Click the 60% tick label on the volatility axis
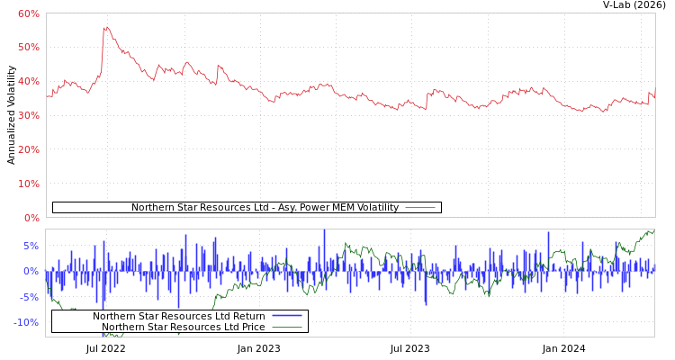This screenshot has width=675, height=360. (x=28, y=13)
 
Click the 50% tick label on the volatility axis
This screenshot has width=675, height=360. (x=28, y=47)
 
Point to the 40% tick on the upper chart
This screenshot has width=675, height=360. (x=28, y=81)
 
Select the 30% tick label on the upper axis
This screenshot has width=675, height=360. (x=28, y=115)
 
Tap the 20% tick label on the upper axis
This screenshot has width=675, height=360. (x=28, y=149)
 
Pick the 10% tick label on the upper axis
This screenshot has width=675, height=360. (x=28, y=184)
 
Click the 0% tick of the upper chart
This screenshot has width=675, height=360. (x=31, y=218)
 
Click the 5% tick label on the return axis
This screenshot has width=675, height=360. (x=31, y=246)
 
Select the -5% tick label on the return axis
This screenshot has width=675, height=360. (x=30, y=297)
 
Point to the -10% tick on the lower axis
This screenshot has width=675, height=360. (x=27, y=322)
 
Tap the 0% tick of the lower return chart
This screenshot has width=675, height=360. (x=31, y=271)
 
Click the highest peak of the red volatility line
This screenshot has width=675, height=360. (x=105, y=27)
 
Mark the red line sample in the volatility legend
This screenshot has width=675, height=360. (x=420, y=208)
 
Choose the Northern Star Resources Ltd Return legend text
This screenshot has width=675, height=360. (x=178, y=316)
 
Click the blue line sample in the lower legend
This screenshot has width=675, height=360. (x=286, y=316)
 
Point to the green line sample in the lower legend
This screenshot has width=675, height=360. (x=286, y=327)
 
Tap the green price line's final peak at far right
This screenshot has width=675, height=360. (x=650, y=231)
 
